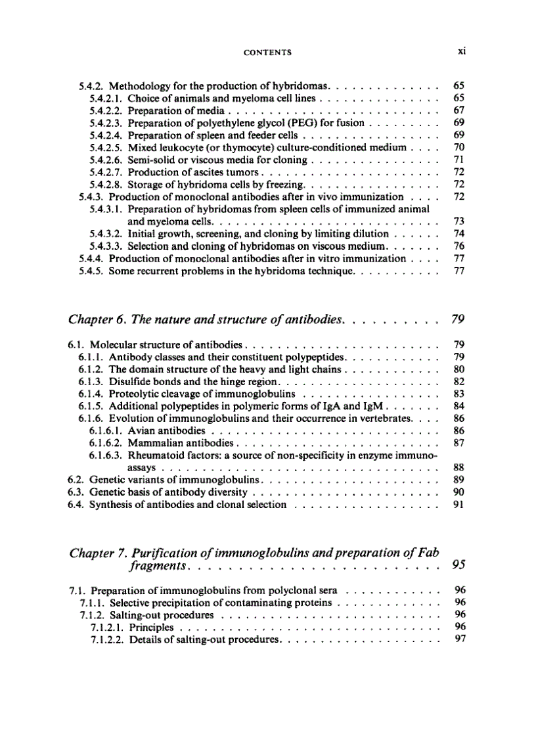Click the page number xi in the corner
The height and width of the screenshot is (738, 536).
[461, 51]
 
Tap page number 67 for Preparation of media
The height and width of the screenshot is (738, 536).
[459, 110]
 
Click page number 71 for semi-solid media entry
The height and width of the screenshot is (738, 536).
[459, 160]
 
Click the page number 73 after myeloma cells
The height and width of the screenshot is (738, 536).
[459, 221]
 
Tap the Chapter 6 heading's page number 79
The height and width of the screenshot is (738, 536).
[458, 320]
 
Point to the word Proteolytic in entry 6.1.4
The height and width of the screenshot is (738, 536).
[135, 394]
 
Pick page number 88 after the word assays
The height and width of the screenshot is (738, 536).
[459, 468]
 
